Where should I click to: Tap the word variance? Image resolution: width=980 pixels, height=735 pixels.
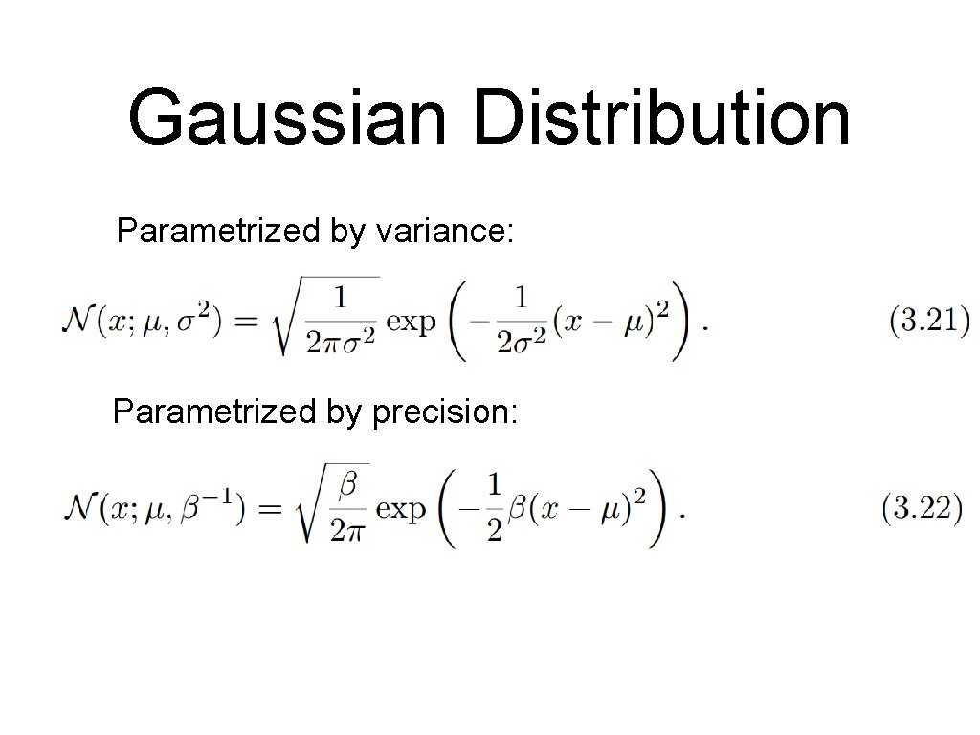pos(446,231)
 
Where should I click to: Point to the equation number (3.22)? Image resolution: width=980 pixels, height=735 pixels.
pos(922,508)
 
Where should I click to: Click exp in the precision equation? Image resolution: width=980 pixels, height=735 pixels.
pos(400,508)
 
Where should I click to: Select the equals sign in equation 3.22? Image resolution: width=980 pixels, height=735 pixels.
pos(270,508)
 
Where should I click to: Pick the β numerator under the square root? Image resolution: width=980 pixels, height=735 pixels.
pos(348,485)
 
